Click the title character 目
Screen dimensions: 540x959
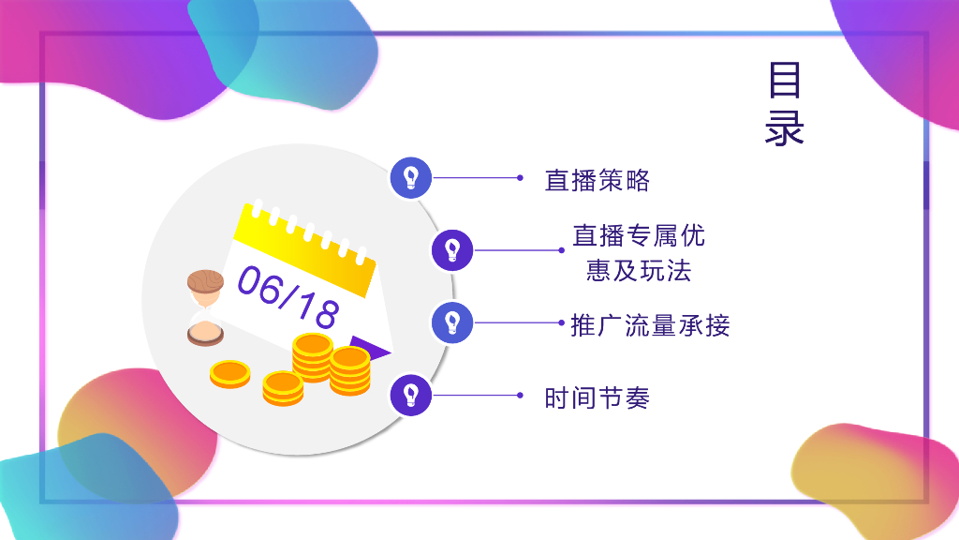click(785, 82)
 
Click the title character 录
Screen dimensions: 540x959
click(785, 128)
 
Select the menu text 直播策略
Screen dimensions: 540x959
click(597, 180)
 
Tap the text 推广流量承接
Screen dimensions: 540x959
click(650, 325)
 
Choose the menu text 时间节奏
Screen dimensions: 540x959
click(597, 397)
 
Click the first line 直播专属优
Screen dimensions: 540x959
click(639, 235)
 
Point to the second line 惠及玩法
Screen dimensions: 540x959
click(638, 271)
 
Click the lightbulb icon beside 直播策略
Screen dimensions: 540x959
click(410, 177)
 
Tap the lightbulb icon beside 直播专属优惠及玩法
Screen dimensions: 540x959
click(452, 249)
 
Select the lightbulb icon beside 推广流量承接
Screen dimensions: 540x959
click(452, 322)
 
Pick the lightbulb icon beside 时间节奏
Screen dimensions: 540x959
click(410, 395)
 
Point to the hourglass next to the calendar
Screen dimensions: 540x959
click(205, 307)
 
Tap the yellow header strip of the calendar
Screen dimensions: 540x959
click(305, 247)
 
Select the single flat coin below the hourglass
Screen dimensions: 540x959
click(229, 373)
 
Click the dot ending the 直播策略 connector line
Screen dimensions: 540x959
click(520, 177)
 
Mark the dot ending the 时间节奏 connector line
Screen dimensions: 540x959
click(520, 395)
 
